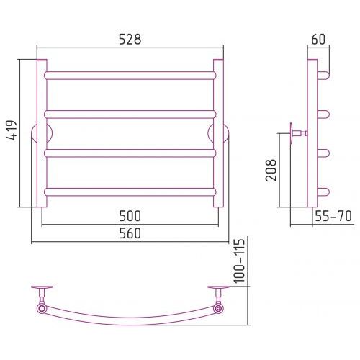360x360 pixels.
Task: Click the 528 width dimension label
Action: coord(130,40)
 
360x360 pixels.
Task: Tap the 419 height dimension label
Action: coord(12,130)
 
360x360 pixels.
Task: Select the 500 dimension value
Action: coord(130,216)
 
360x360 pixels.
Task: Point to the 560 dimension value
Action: coord(130,233)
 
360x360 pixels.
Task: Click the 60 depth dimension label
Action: coord(318,40)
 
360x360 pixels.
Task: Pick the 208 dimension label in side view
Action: coord(271,170)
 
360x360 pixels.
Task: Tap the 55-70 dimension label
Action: coord(333,216)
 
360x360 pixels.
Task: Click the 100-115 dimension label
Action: coord(239,261)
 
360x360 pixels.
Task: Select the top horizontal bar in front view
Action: coord(130,76)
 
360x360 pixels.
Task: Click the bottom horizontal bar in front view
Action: coord(130,192)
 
